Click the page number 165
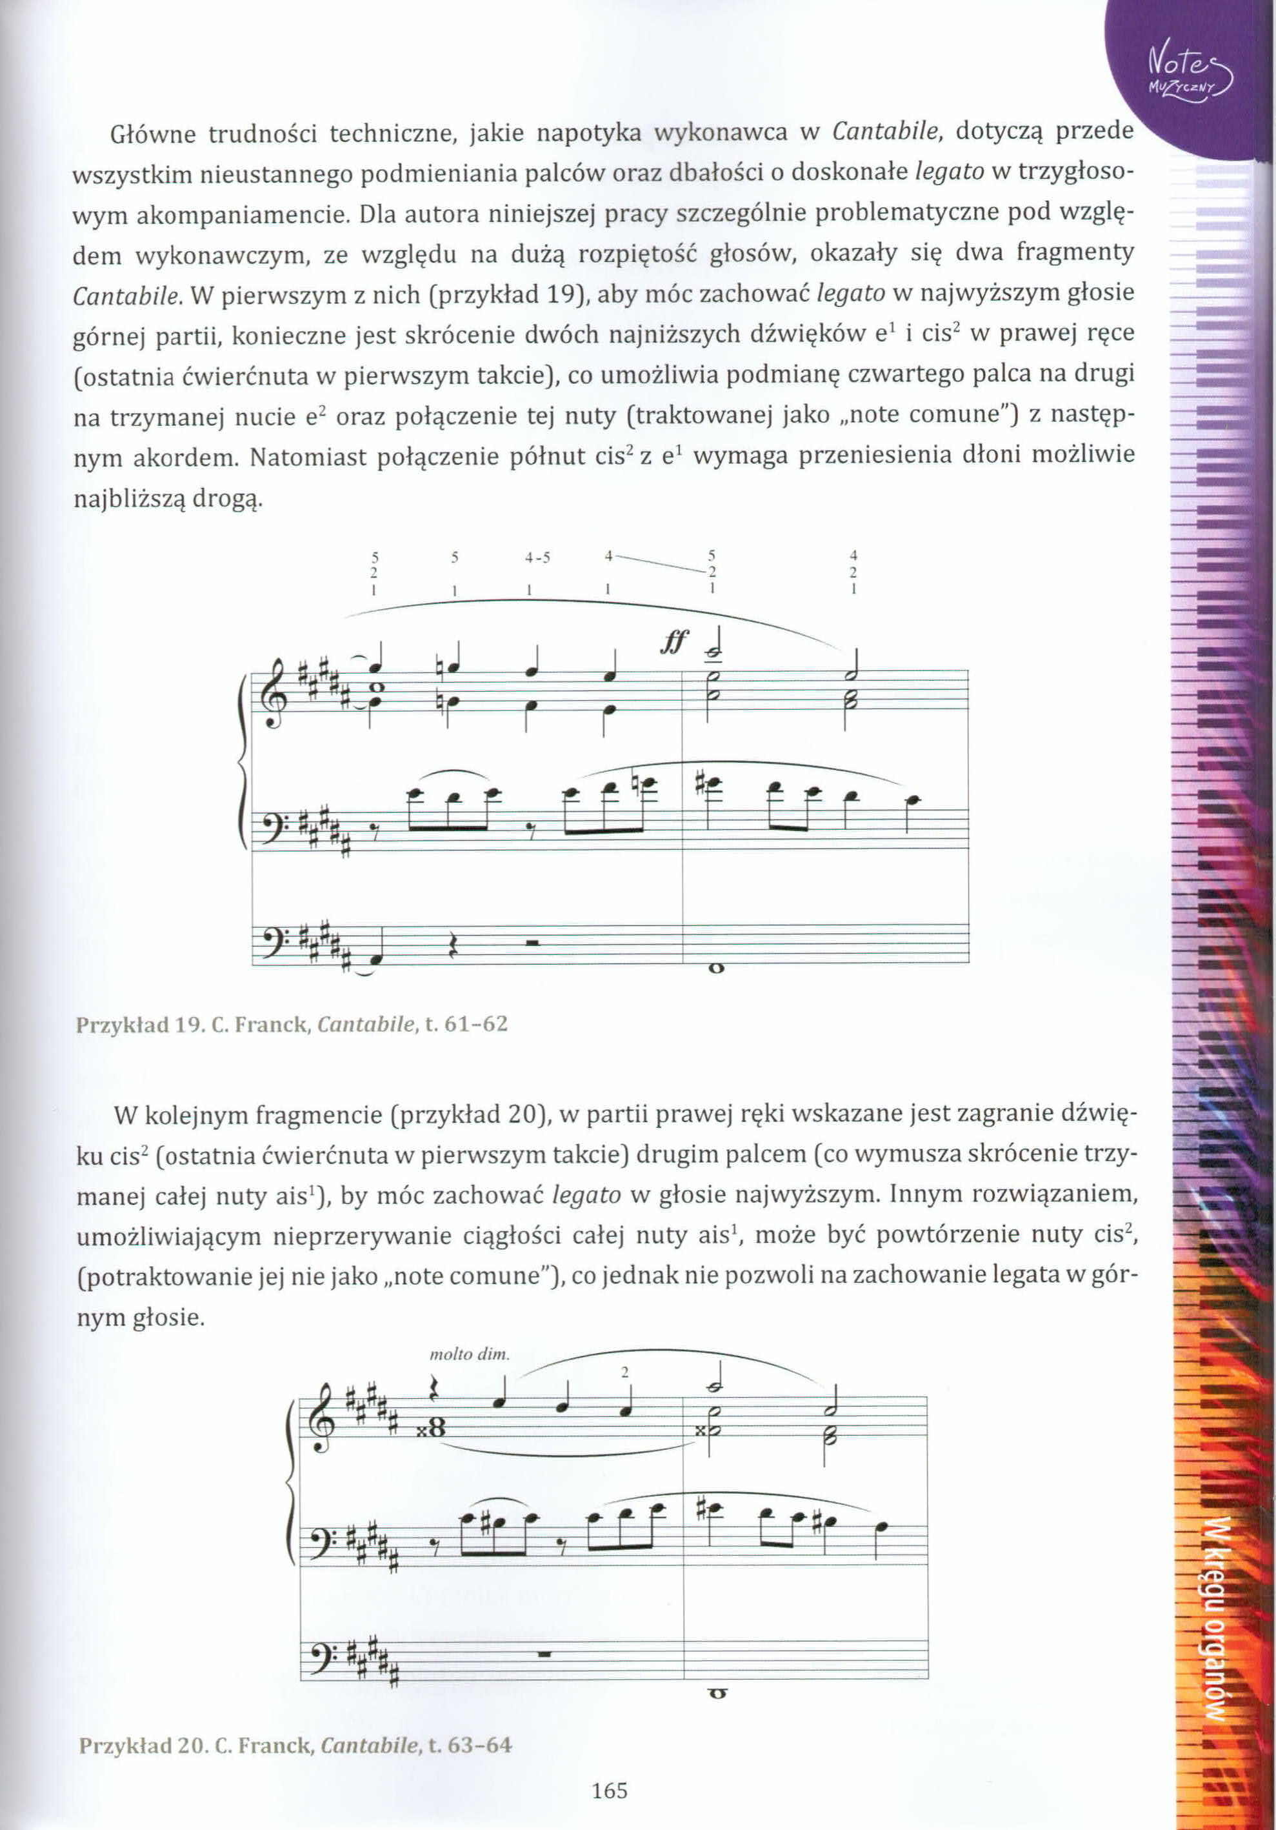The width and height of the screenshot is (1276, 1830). tap(610, 1790)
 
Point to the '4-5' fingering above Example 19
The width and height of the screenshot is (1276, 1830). tap(537, 557)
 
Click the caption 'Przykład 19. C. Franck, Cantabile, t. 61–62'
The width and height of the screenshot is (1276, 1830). tap(292, 1023)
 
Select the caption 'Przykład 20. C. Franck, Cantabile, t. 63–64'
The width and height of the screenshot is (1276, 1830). tap(295, 1745)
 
